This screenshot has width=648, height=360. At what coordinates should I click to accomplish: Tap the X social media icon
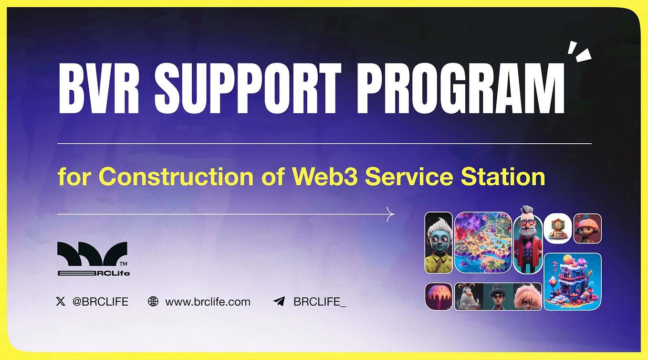click(x=61, y=301)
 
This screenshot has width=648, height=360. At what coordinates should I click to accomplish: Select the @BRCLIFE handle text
click(x=100, y=301)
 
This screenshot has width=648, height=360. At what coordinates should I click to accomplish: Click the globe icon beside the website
click(x=153, y=301)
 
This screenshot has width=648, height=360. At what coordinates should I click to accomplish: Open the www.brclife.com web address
click(x=208, y=301)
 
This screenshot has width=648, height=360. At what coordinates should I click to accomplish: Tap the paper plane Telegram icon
click(x=279, y=301)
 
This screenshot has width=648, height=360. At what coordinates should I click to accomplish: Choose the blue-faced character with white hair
click(x=439, y=243)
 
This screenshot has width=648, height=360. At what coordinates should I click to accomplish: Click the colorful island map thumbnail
click(x=483, y=243)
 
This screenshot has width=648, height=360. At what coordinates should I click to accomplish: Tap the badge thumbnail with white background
click(x=557, y=228)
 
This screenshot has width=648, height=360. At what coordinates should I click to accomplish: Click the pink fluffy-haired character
click(x=527, y=296)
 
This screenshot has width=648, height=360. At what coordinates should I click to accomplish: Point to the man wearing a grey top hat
click(x=498, y=296)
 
